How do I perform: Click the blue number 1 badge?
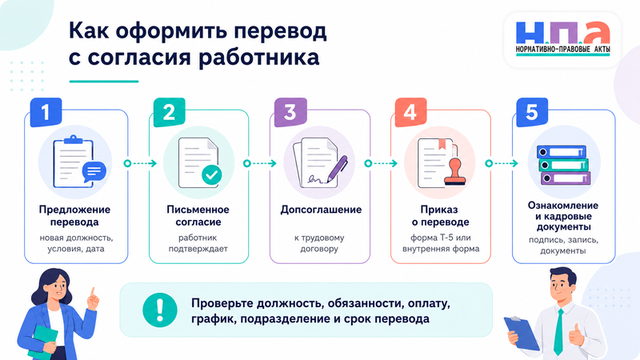(46, 112)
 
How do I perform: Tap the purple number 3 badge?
(290, 112)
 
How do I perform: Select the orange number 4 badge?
(410, 112)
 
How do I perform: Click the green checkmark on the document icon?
(212, 174)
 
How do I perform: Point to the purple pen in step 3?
(337, 168)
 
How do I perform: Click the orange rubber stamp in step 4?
(454, 172)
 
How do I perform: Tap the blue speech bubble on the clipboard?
(94, 172)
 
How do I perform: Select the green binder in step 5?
(562, 165)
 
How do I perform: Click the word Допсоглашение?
(321, 210)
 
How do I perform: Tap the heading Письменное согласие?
(198, 215)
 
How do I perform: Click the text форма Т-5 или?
(441, 238)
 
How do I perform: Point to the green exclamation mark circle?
(159, 310)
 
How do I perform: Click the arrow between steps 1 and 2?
(140, 163)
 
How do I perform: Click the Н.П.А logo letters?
(563, 33)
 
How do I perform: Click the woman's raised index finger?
(92, 293)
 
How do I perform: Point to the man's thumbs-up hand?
(576, 335)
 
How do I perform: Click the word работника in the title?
(258, 58)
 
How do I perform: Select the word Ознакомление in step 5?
(563, 206)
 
